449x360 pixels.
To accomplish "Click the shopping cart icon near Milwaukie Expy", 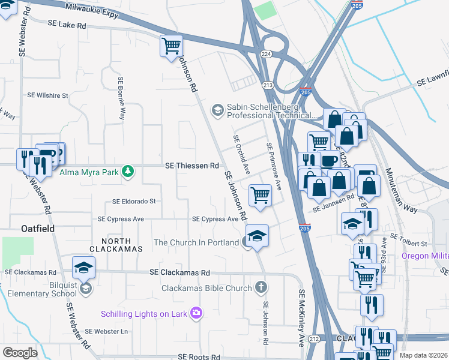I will (172, 45).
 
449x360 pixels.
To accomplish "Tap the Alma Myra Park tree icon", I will (127, 172).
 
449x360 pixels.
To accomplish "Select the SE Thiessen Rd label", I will (192, 166).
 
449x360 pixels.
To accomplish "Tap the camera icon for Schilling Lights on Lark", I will (196, 313).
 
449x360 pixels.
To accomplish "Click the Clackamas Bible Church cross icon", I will (261, 288).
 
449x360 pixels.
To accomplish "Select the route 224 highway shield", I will (266, 54).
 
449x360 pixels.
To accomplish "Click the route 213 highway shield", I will (268, 86).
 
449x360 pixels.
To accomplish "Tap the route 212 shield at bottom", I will (315, 340).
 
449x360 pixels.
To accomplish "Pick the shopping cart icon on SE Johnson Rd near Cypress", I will (260, 195).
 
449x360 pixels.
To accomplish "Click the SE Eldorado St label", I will (134, 202).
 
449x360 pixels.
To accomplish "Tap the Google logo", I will (20, 353).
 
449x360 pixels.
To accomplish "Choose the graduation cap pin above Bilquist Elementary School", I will (84, 267).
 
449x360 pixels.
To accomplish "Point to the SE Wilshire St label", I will (48, 95).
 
